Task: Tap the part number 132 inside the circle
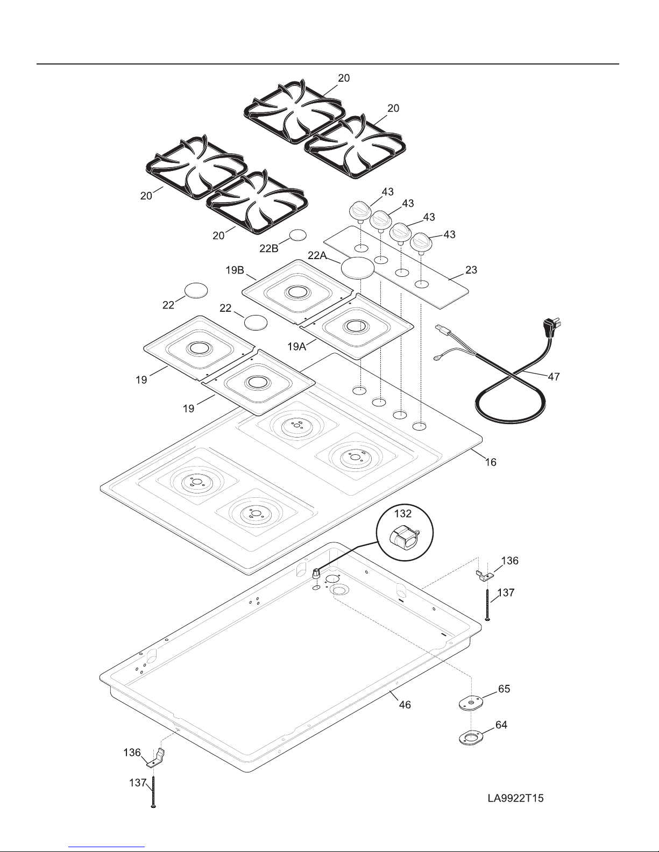(x=403, y=513)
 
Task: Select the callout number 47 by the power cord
(x=554, y=376)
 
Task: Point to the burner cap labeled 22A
(x=357, y=268)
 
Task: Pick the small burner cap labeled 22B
(x=297, y=235)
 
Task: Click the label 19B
(x=235, y=270)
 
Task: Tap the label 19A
(x=296, y=347)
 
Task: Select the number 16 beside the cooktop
(x=490, y=462)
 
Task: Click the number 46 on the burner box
(x=405, y=705)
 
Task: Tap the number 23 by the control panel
(x=471, y=270)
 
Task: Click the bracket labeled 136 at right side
(x=485, y=575)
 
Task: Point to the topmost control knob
(x=360, y=211)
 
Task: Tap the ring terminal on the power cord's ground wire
(x=436, y=357)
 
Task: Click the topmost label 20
(x=344, y=78)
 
